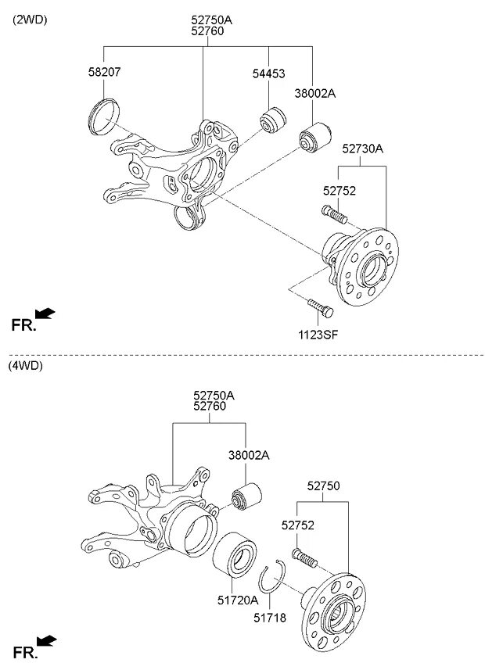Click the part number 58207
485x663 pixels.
pos(104,72)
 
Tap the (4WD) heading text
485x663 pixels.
pos(26,365)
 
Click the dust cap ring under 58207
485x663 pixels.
pos(102,116)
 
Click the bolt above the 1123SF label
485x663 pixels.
pos(319,307)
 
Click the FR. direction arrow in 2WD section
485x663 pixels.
pos(45,314)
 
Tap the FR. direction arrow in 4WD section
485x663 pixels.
pos(47,641)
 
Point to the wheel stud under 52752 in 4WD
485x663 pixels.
pos(305,557)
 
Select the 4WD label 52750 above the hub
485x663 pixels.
pos(324,486)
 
